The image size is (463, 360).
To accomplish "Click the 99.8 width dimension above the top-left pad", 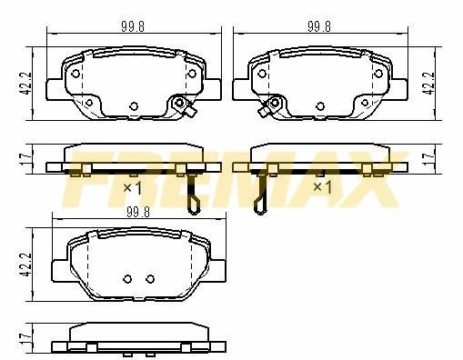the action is [133, 26].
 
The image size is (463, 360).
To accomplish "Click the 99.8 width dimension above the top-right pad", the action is [319, 26].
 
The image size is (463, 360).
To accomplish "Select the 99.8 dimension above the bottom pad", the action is [138, 212].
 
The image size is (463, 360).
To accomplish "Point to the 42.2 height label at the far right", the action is [430, 84].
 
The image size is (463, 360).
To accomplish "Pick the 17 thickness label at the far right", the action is [429, 159].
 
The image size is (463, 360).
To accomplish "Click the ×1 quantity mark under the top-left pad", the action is [133, 188].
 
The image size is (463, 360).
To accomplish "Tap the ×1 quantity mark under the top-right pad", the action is [322, 188].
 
